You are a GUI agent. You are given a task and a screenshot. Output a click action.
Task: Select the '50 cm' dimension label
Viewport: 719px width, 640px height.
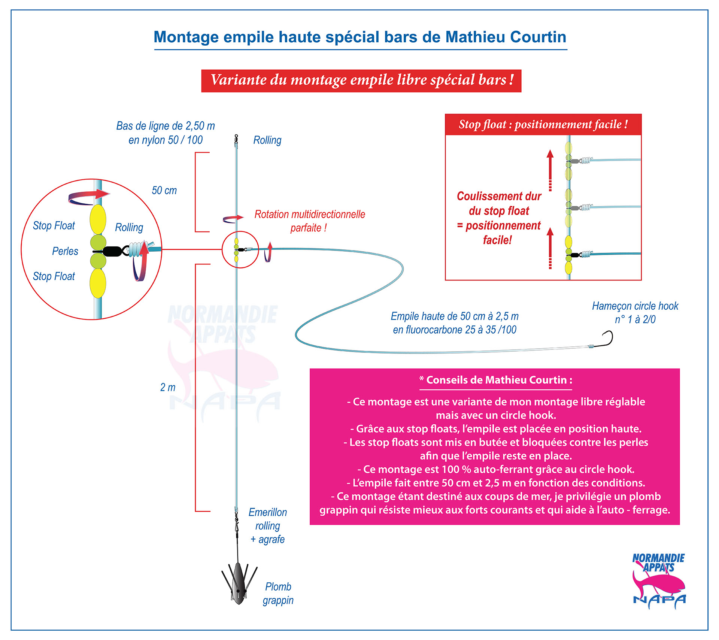pyautogui.click(x=164, y=190)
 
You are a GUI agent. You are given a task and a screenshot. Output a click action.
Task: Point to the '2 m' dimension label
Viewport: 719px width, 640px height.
pyautogui.click(x=168, y=387)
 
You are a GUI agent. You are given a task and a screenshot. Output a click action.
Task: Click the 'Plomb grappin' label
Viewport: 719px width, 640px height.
pyautogui.click(x=278, y=593)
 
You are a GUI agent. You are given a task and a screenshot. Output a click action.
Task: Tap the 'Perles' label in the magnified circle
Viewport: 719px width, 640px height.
pyautogui.click(x=65, y=251)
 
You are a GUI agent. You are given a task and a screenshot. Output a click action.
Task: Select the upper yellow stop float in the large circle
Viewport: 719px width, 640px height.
pyautogui.click(x=98, y=219)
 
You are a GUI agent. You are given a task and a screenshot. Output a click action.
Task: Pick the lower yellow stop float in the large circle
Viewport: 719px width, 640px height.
pyautogui.click(x=98, y=283)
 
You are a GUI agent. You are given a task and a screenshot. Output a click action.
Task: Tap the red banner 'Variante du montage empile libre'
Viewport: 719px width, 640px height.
pyautogui.click(x=361, y=81)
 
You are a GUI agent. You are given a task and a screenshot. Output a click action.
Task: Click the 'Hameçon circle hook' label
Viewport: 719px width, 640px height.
pyautogui.click(x=635, y=312)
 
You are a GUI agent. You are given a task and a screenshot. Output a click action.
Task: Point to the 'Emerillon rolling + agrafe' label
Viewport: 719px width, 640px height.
pyautogui.click(x=268, y=526)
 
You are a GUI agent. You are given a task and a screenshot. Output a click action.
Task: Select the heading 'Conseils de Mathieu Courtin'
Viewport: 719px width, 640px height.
pyautogui.click(x=496, y=380)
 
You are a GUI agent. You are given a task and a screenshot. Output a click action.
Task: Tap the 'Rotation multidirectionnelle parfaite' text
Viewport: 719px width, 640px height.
pyautogui.click(x=310, y=221)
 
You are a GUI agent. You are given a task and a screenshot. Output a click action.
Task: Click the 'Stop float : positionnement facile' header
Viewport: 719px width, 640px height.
pyautogui.click(x=543, y=124)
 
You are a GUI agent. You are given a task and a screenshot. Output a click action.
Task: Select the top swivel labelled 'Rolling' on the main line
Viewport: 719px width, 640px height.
pyautogui.click(x=236, y=139)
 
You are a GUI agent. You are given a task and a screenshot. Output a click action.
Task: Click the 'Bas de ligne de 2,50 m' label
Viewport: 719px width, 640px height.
pyautogui.click(x=166, y=126)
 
